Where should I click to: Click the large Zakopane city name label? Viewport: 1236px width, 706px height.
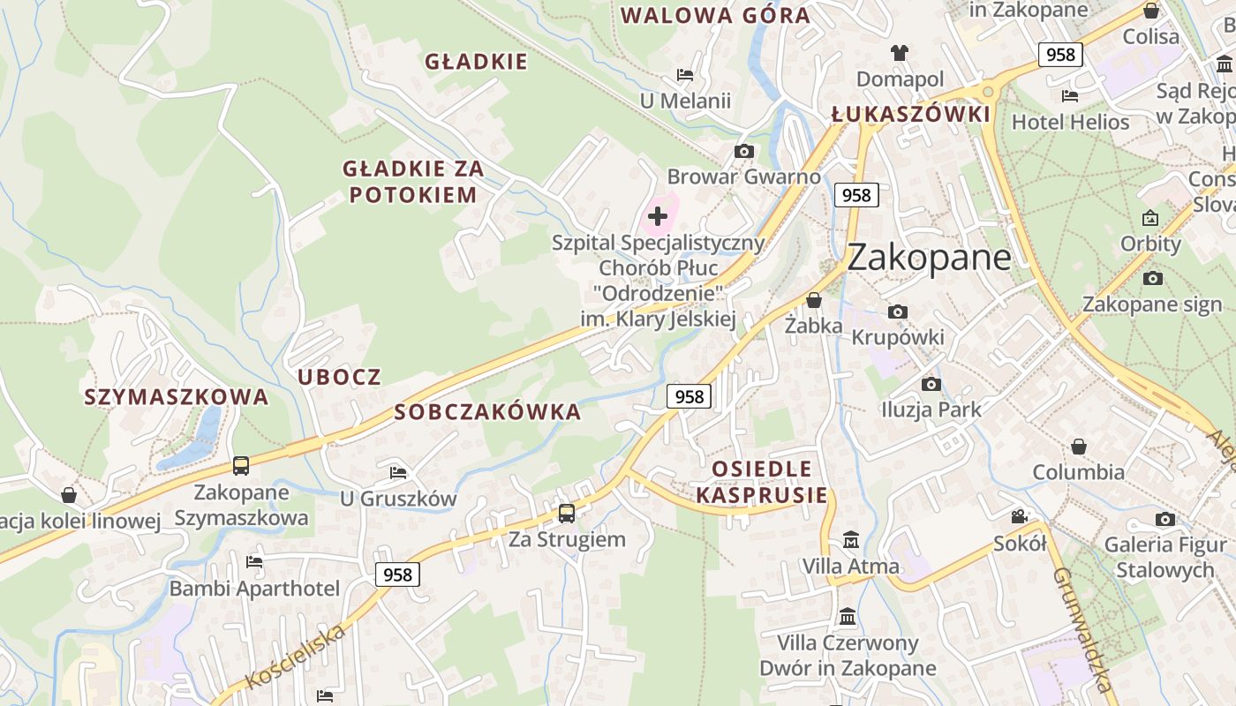pyautogui.click(x=929, y=257)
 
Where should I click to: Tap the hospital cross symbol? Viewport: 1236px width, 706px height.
pyautogui.click(x=658, y=215)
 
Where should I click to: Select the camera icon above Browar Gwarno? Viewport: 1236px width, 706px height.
pyautogui.click(x=744, y=151)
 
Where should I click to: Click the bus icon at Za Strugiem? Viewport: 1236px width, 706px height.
pyautogui.click(x=567, y=513)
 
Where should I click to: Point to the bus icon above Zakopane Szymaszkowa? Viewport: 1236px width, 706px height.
pyautogui.click(x=241, y=466)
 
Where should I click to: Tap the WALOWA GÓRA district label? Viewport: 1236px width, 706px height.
pyautogui.click(x=715, y=15)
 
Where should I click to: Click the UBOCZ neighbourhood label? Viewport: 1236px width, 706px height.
pyautogui.click(x=339, y=377)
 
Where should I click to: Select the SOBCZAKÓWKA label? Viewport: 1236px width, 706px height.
pyautogui.click(x=487, y=411)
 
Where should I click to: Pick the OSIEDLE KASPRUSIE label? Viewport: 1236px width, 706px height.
pyautogui.click(x=762, y=481)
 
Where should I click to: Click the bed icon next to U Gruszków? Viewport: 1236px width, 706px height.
pyautogui.click(x=398, y=473)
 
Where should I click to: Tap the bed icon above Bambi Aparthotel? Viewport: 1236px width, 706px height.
pyautogui.click(x=254, y=561)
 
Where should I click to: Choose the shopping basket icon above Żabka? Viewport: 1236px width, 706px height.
pyautogui.click(x=814, y=300)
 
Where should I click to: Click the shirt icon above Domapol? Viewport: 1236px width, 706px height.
pyautogui.click(x=900, y=53)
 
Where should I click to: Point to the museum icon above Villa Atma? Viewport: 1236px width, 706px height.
pyautogui.click(x=851, y=539)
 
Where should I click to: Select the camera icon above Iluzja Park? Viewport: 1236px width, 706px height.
pyautogui.click(x=931, y=384)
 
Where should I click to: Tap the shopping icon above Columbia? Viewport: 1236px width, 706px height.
pyautogui.click(x=1078, y=447)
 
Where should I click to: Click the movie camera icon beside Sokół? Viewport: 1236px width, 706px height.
pyautogui.click(x=1019, y=516)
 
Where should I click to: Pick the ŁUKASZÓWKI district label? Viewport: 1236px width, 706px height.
pyautogui.click(x=911, y=115)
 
